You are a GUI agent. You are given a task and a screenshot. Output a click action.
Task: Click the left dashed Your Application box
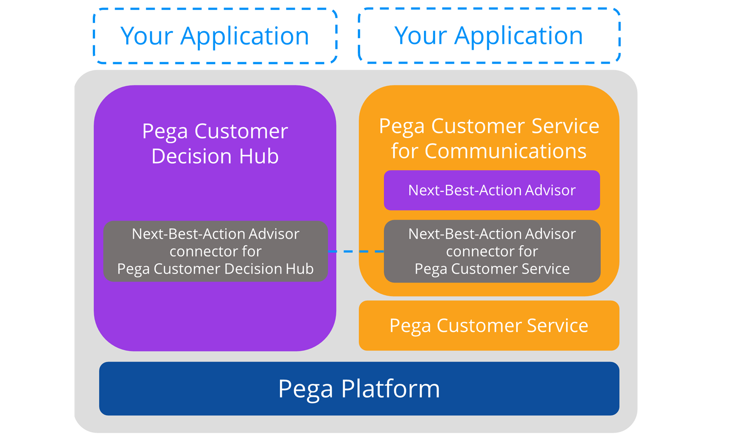[215, 36]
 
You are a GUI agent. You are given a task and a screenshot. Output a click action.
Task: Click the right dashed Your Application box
[489, 35]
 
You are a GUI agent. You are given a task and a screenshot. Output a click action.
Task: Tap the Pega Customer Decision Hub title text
[215, 143]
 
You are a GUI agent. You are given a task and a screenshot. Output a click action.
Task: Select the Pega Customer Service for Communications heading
[489, 138]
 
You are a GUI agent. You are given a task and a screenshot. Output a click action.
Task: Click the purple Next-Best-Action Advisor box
[492, 190]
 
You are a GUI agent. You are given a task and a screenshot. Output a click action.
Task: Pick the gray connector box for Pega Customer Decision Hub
[215, 251]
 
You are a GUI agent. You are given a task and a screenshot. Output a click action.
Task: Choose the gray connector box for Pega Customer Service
[492, 251]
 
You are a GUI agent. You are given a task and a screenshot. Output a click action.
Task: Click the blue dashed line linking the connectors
[356, 251]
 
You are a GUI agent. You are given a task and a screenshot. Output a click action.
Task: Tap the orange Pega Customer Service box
[489, 326]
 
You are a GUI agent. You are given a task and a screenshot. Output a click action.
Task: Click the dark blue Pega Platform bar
[359, 389]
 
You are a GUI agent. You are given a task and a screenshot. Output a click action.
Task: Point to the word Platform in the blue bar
[390, 389]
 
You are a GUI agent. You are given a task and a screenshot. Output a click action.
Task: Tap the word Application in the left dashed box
[245, 36]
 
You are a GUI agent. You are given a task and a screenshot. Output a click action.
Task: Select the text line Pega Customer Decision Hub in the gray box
[215, 269]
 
